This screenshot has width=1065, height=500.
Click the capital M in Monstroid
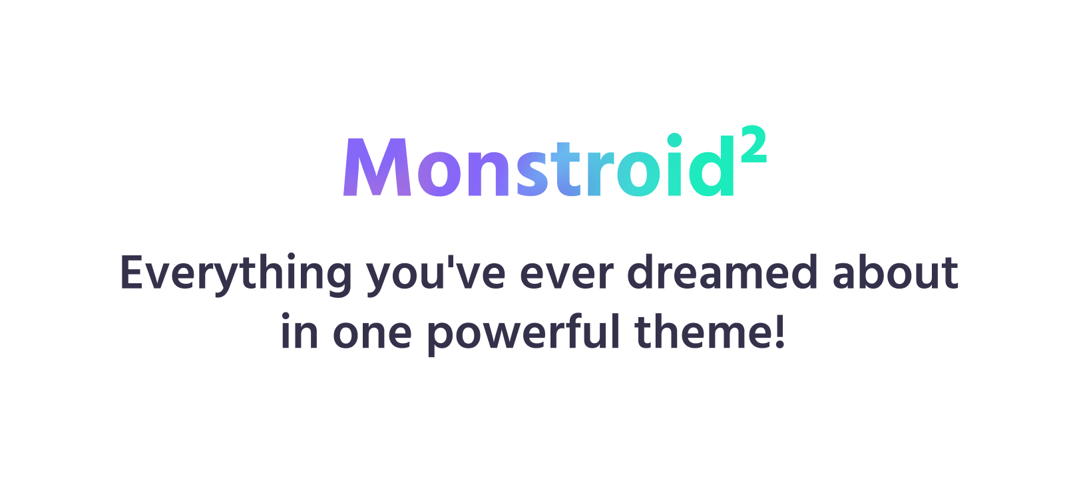point(377,167)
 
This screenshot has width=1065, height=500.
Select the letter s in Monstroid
point(532,174)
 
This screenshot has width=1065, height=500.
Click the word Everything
point(236,274)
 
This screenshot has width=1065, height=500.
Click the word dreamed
point(722,272)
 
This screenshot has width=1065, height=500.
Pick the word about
point(895,272)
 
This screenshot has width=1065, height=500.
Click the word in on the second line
point(299,331)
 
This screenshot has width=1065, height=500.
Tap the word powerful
point(523,333)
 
